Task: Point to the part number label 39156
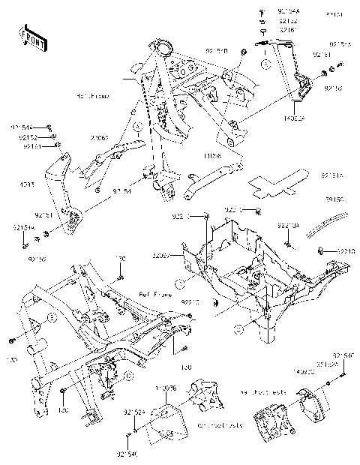pos(334,200)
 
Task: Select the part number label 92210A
pos(289,225)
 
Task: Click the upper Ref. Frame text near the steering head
pos(94,96)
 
